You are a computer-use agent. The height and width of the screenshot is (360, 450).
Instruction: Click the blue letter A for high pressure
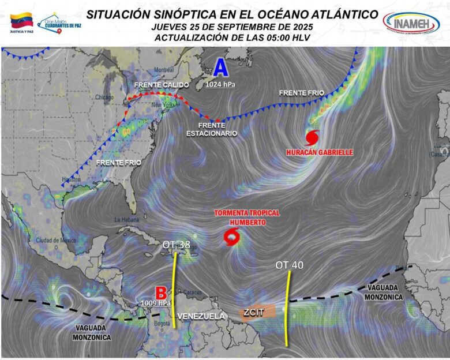point(220,68)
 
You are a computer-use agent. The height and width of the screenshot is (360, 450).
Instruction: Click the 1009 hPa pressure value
point(157,302)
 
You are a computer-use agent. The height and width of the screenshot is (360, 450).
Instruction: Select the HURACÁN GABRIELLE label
point(312,152)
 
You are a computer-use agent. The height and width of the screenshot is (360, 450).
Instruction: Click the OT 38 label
point(177,245)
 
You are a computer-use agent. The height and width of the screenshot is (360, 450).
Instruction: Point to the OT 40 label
point(289,265)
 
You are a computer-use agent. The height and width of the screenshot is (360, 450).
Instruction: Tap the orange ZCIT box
point(257,312)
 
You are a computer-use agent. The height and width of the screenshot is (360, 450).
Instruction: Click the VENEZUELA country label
point(201,316)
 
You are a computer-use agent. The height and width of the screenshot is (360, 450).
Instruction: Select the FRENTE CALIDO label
point(161,85)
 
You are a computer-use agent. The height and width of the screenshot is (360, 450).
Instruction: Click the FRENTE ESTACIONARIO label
point(212,129)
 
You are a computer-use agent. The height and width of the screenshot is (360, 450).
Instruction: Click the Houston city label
point(73,179)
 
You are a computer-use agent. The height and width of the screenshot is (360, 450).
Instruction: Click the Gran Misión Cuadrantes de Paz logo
point(59,22)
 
